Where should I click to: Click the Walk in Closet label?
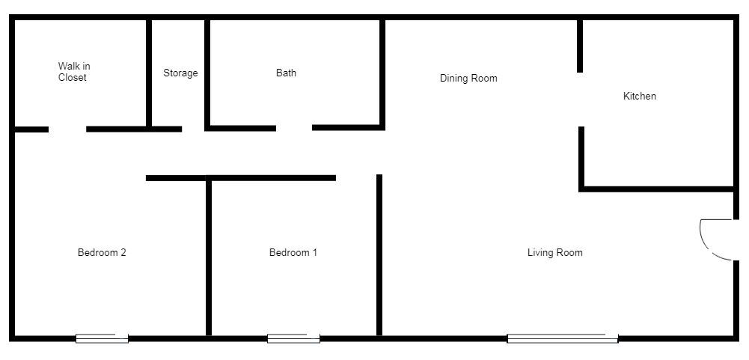(73, 72)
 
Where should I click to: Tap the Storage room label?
(180, 73)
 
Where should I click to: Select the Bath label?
(286, 73)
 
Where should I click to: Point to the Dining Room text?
(468, 79)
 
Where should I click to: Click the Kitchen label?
(640, 97)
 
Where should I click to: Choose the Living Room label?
(554, 253)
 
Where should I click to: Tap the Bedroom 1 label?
(293, 253)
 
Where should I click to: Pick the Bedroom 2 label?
(102, 253)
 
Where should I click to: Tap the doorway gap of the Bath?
(294, 128)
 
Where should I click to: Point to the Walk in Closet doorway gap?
(67, 129)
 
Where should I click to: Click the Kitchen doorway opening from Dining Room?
(581, 100)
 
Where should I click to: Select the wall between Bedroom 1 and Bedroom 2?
(209, 258)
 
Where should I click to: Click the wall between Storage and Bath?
(207, 73)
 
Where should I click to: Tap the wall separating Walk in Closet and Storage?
(149, 73)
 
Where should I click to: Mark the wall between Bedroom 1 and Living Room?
(379, 254)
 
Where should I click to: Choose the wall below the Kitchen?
(657, 189)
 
